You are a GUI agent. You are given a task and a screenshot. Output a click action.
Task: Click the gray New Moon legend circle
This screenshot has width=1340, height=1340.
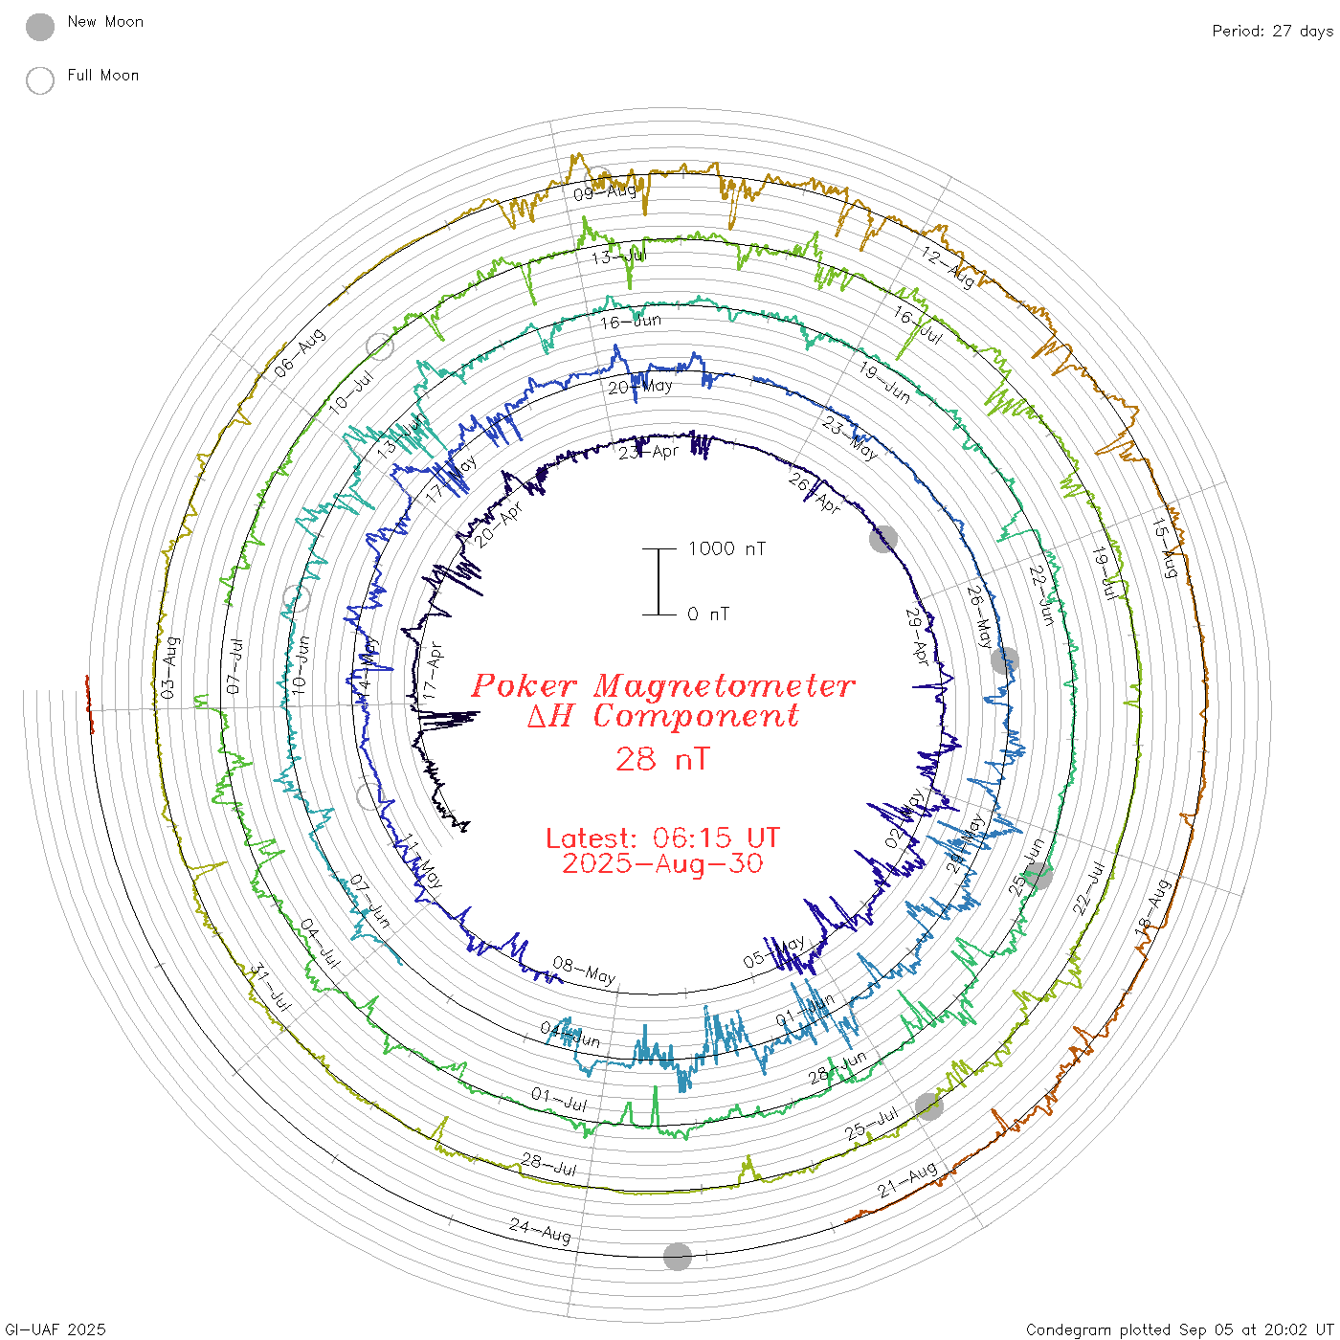[x=40, y=27]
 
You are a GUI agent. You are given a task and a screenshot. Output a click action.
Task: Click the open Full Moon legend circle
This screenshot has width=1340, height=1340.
[x=40, y=80]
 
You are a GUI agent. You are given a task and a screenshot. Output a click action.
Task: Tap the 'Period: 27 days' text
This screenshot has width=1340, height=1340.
[x=1272, y=31]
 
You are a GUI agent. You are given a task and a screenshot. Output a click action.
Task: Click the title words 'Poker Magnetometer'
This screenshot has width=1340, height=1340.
[x=662, y=685]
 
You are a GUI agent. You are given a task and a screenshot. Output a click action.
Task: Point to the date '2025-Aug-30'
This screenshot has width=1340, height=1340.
[x=662, y=863]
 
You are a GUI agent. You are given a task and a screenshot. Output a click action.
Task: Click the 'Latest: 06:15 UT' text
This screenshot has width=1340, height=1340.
[x=662, y=838]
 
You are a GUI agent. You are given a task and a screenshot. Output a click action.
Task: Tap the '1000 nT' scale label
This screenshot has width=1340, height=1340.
[x=726, y=548]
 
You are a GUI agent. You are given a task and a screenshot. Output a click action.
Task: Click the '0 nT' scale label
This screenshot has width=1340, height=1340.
[x=708, y=614]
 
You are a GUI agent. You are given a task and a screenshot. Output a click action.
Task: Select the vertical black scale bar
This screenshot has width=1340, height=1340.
[x=659, y=581]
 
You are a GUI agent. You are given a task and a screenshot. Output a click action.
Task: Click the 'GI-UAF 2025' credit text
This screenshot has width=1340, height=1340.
[x=55, y=1329]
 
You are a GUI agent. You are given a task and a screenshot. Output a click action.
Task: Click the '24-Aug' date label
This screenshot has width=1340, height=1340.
[x=540, y=1230]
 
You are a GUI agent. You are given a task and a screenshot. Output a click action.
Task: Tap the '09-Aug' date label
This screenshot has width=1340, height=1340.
[x=605, y=192]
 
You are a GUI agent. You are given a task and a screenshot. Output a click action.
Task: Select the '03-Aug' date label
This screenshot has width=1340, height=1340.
[x=169, y=667]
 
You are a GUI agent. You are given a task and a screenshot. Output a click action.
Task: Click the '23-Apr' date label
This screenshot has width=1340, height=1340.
[x=648, y=452]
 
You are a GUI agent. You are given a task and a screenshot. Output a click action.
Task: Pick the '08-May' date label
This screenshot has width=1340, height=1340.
[x=584, y=971]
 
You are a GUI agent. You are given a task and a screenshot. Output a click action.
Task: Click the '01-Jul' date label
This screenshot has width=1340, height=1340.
[x=560, y=1099]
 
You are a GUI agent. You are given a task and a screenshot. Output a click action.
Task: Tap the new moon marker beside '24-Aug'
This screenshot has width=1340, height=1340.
[x=678, y=1257]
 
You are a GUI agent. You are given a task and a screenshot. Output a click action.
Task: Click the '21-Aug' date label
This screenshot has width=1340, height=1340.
[x=907, y=1180]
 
